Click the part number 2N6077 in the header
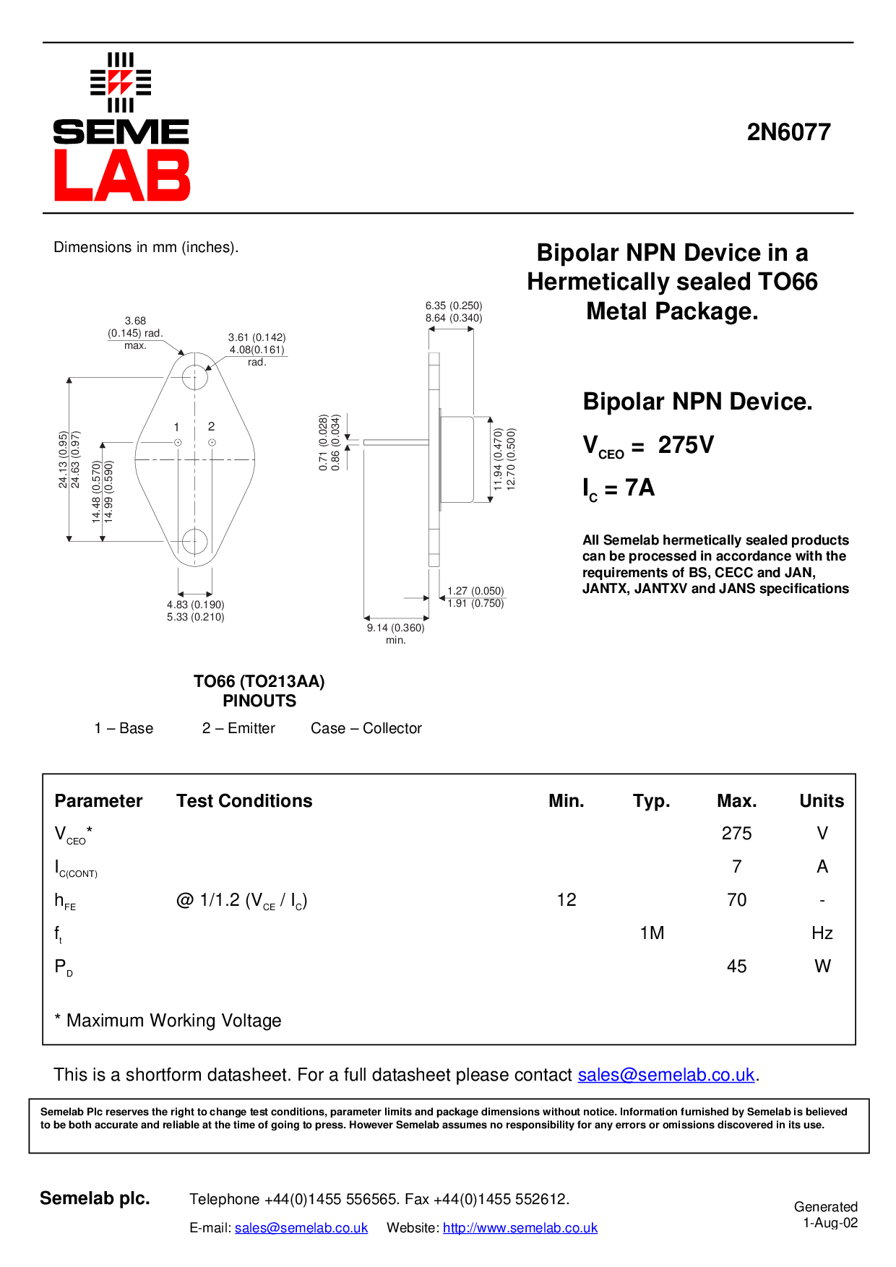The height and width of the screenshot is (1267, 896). (788, 132)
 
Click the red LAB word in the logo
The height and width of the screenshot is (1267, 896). (121, 176)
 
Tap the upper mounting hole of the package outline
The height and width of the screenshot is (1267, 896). (195, 377)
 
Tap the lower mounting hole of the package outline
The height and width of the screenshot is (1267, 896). (194, 540)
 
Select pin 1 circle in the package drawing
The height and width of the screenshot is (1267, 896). (178, 442)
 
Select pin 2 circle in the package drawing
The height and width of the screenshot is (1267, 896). (212, 442)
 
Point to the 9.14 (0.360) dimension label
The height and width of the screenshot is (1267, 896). (395, 628)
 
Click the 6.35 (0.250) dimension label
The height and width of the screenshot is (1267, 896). (454, 306)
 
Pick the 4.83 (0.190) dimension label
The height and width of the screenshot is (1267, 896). (195, 605)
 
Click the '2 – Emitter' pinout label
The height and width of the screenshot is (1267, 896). (238, 728)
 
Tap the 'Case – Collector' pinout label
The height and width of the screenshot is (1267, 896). (366, 728)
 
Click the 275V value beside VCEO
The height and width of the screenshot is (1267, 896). (686, 445)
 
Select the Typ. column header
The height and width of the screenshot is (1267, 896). (651, 801)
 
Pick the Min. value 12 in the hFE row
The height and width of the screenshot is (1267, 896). (567, 900)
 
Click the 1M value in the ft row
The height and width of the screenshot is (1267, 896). (652, 933)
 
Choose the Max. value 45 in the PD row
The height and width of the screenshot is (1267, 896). (736, 967)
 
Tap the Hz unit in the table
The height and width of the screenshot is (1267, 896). (822, 933)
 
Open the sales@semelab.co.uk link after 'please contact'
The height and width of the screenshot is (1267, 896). (665, 1075)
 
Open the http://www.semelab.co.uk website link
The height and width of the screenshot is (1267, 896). (520, 1228)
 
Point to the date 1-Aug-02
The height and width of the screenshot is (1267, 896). (830, 1223)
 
